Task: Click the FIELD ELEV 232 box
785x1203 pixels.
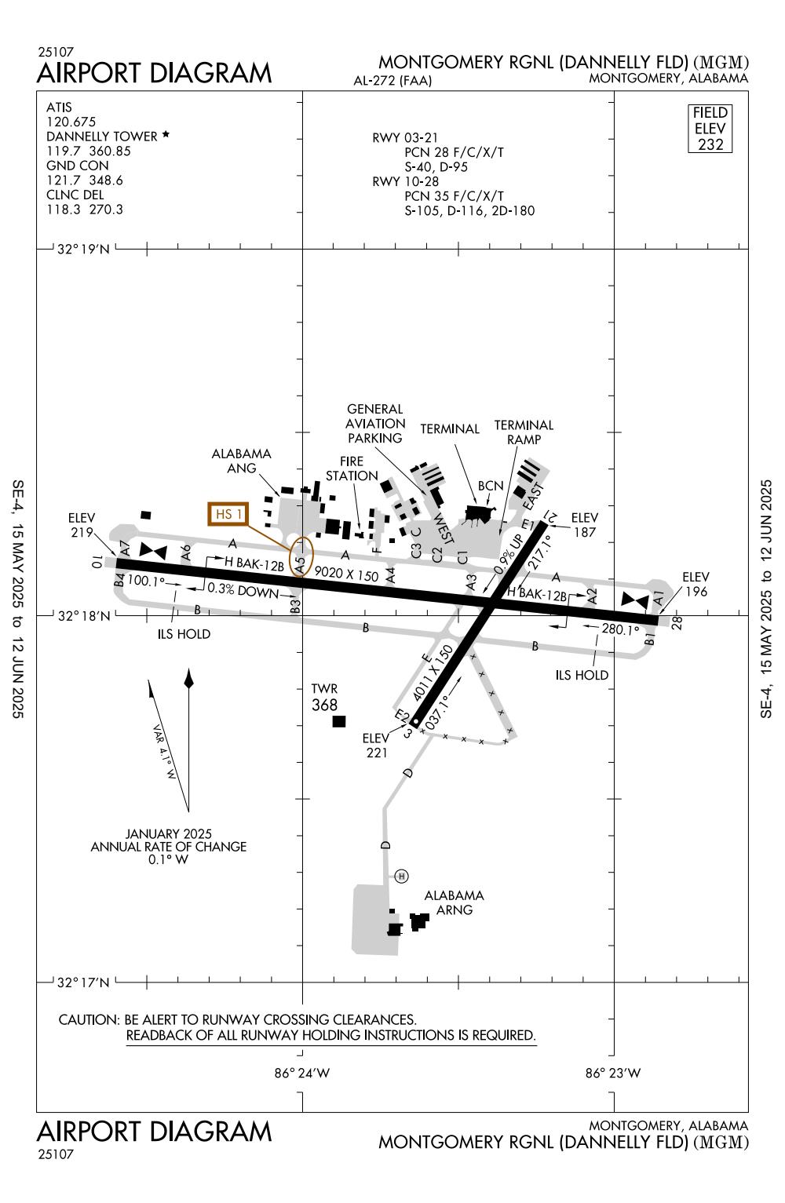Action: click(710, 129)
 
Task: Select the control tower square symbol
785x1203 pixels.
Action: click(339, 721)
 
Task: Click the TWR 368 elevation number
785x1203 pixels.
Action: click(324, 705)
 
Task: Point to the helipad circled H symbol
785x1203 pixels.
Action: click(402, 876)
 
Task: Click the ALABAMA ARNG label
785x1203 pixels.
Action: click(454, 902)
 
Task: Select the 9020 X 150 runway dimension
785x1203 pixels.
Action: click(346, 575)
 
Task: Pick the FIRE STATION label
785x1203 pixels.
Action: click(352, 468)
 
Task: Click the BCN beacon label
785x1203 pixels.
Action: click(491, 486)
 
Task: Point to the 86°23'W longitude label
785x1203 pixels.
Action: click(613, 1074)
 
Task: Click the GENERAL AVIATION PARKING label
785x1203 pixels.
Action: click(375, 424)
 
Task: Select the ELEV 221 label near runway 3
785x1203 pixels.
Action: click(376, 745)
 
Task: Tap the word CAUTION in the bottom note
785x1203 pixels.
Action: click(87, 1019)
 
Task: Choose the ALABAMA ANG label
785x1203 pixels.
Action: click(242, 461)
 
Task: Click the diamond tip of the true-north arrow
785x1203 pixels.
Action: click(188, 679)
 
